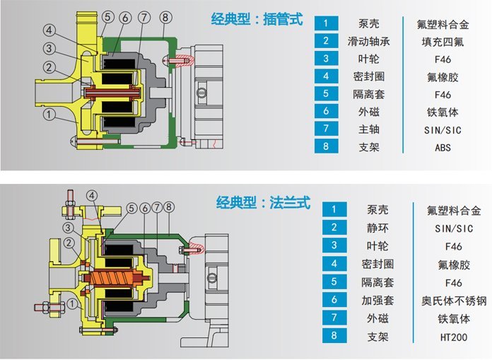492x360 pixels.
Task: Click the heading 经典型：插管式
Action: (x=256, y=19)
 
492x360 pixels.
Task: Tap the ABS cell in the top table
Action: (x=443, y=148)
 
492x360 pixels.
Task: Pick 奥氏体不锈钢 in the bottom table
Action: (x=451, y=301)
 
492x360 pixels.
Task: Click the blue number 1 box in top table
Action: (x=325, y=23)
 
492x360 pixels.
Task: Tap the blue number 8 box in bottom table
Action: (x=334, y=337)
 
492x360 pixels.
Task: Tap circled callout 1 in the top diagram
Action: (x=48, y=112)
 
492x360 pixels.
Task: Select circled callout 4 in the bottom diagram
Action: (x=92, y=195)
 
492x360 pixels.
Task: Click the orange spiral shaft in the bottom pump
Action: (x=114, y=277)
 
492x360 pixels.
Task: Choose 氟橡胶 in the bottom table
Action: (x=451, y=265)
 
